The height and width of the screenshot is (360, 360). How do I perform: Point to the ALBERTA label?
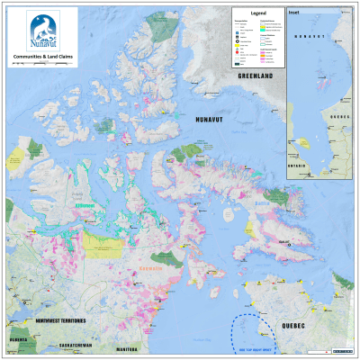(19, 340)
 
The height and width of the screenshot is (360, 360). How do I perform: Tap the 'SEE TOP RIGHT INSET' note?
(244, 344)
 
